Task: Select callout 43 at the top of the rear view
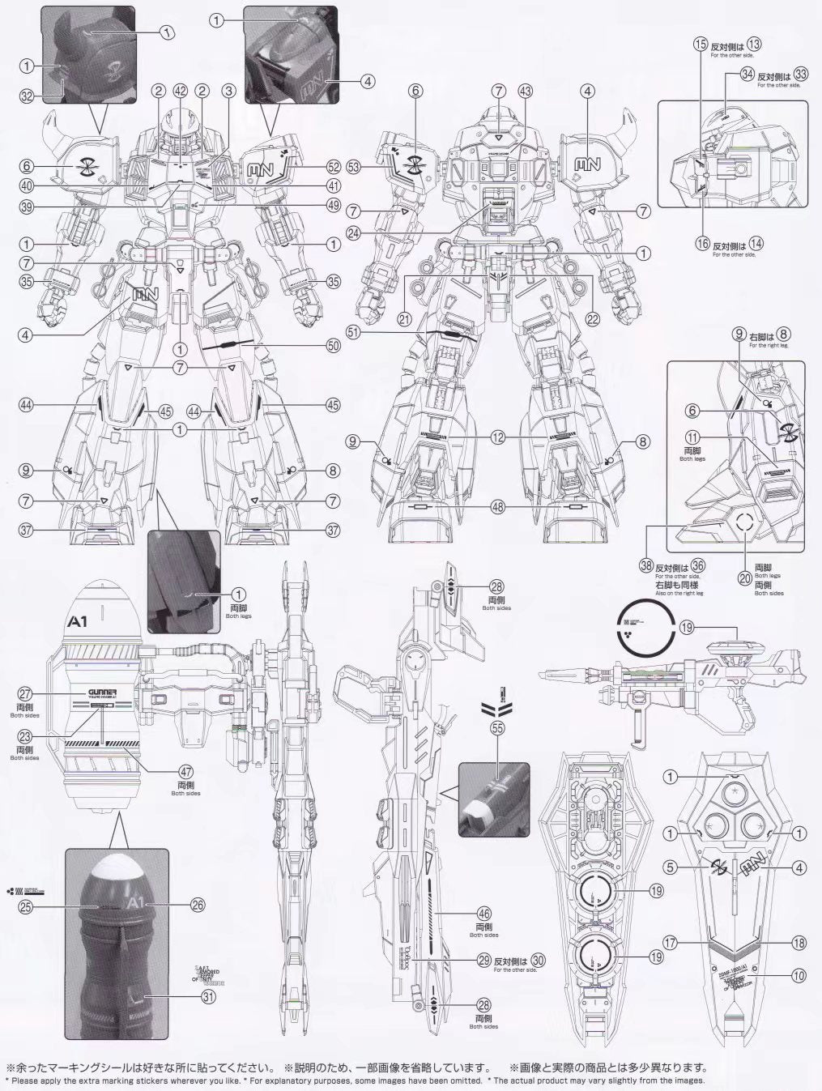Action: click(526, 91)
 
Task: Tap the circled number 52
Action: click(333, 167)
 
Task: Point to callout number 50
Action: click(333, 345)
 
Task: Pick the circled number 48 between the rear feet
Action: click(498, 508)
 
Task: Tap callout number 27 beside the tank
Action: click(25, 693)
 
